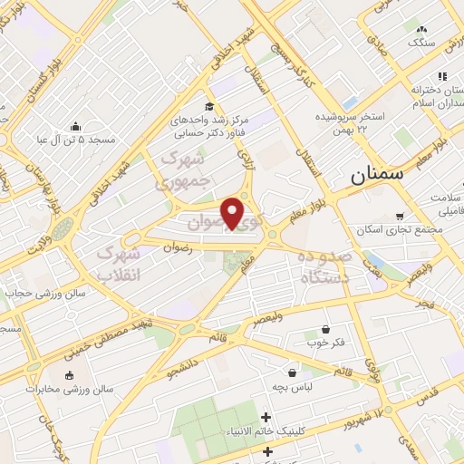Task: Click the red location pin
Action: [x=233, y=213]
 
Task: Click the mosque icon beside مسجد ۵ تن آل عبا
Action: [x=76, y=126]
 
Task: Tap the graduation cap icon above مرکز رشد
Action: [x=210, y=105]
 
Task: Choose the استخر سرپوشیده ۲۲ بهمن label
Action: [x=351, y=118]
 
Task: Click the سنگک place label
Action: [x=421, y=43]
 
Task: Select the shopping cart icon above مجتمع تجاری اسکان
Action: [x=400, y=216]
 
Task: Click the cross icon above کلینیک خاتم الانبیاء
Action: [x=266, y=418]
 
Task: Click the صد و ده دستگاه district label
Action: [x=323, y=268]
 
